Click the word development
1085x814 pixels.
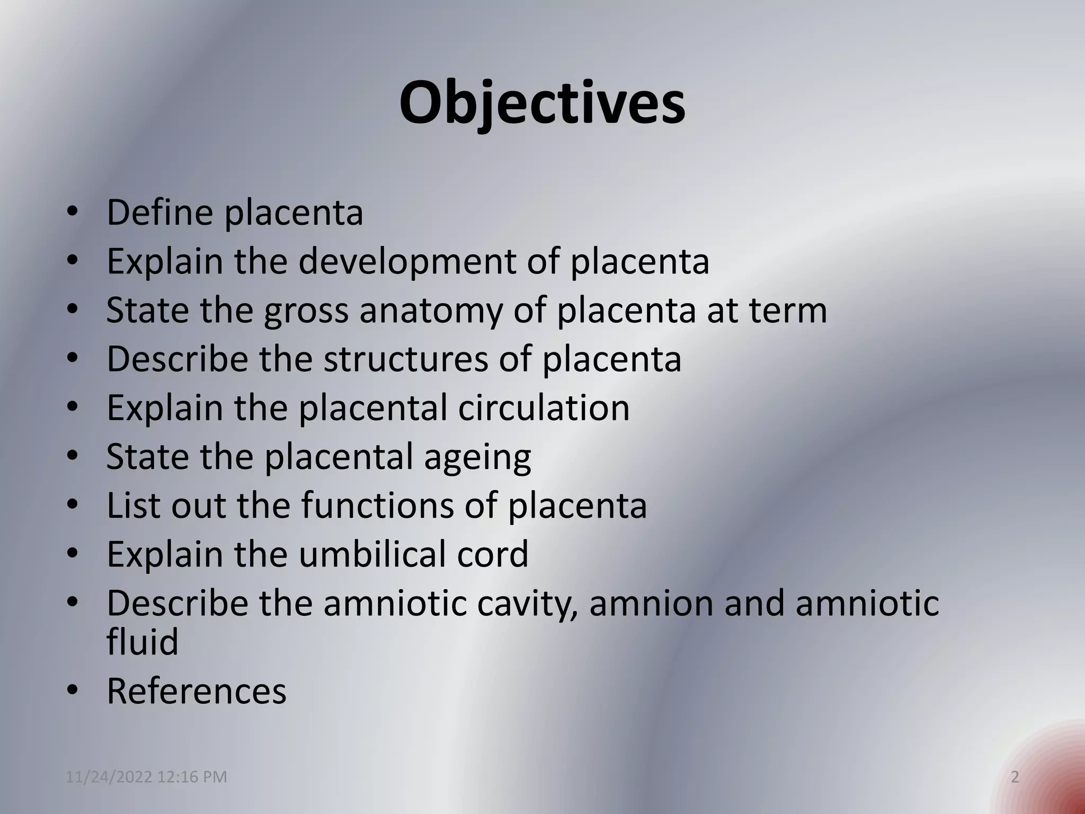tap(407, 261)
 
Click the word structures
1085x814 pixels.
tap(405, 359)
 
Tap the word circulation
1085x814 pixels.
tap(544, 408)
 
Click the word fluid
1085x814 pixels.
tap(142, 642)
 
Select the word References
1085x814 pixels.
tap(197, 691)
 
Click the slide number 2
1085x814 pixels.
tap(1015, 777)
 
